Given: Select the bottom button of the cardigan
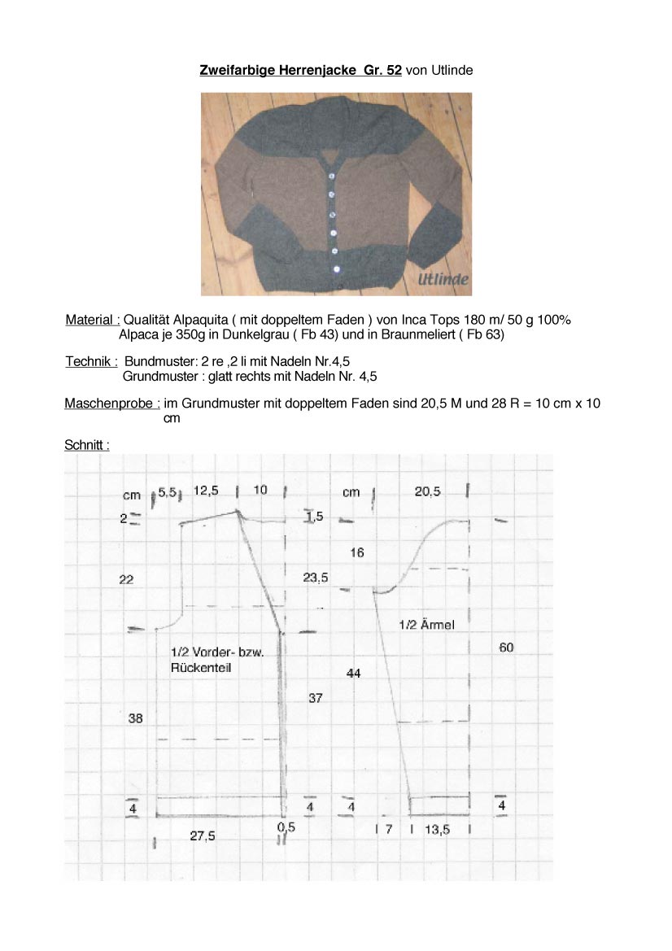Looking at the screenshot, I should pos(336,268).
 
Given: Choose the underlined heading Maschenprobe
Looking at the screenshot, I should pos(111,404).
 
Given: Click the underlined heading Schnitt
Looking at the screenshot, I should pos(86,445).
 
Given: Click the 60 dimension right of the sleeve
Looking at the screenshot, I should pos(506,648).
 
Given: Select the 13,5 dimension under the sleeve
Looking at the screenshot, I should pos(437,830).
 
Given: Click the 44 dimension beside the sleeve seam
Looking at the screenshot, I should pos(353,674).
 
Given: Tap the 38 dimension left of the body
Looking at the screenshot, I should pos(136,718).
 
